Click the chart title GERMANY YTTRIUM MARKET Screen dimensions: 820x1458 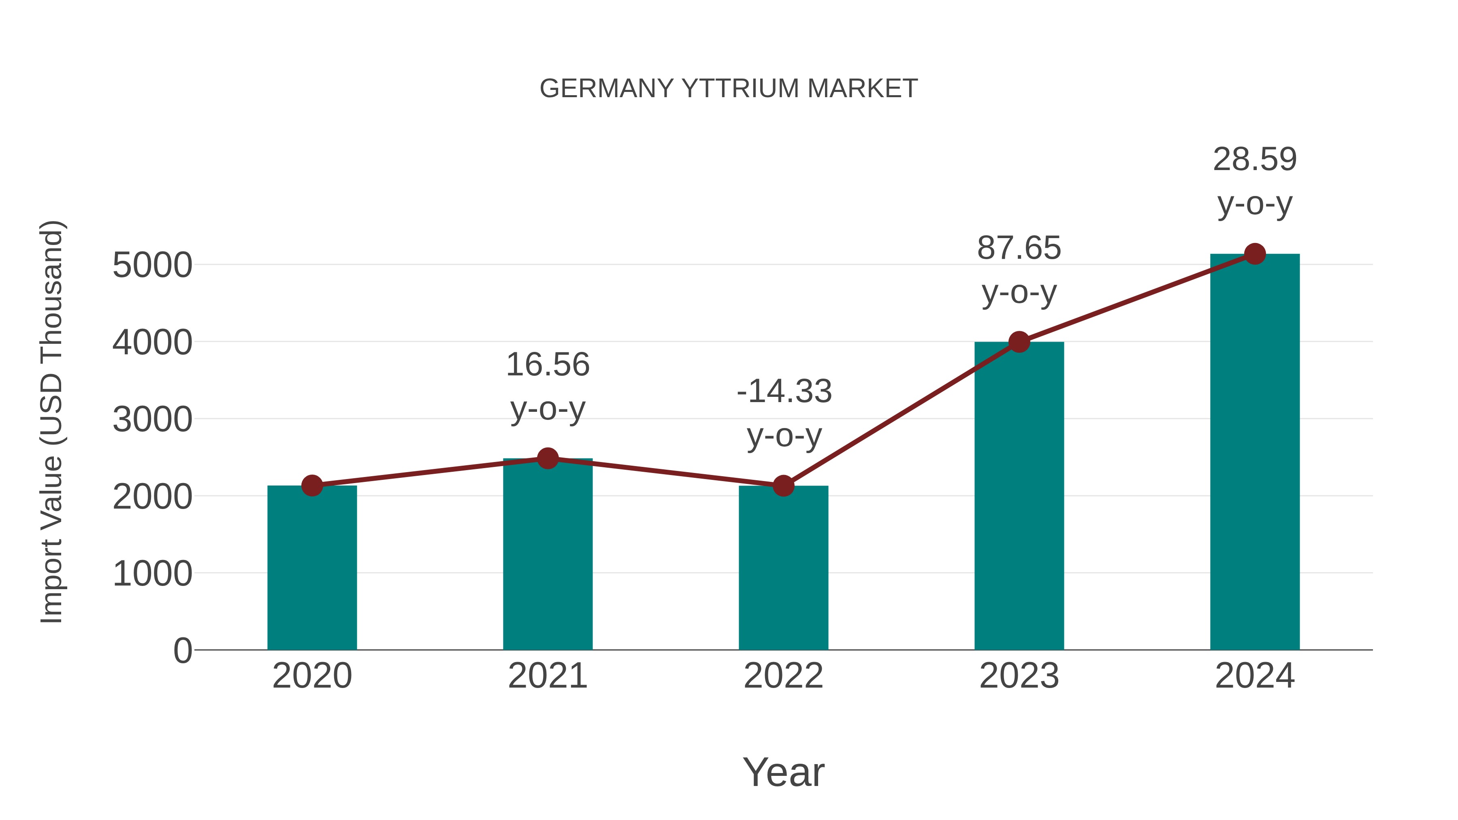click(729, 89)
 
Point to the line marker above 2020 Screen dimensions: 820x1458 click(312, 486)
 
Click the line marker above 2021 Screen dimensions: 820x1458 click(547, 458)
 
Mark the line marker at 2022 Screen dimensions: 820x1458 click(783, 486)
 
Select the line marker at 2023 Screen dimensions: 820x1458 click(1019, 342)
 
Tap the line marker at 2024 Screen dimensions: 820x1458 click(1255, 254)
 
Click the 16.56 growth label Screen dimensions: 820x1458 click(547, 365)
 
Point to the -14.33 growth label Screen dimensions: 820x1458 click(784, 392)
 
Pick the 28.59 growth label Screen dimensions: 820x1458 click(1255, 160)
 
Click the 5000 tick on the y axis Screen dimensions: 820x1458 click(152, 265)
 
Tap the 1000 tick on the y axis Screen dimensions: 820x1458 click(152, 573)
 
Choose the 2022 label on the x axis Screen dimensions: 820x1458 click(783, 676)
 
